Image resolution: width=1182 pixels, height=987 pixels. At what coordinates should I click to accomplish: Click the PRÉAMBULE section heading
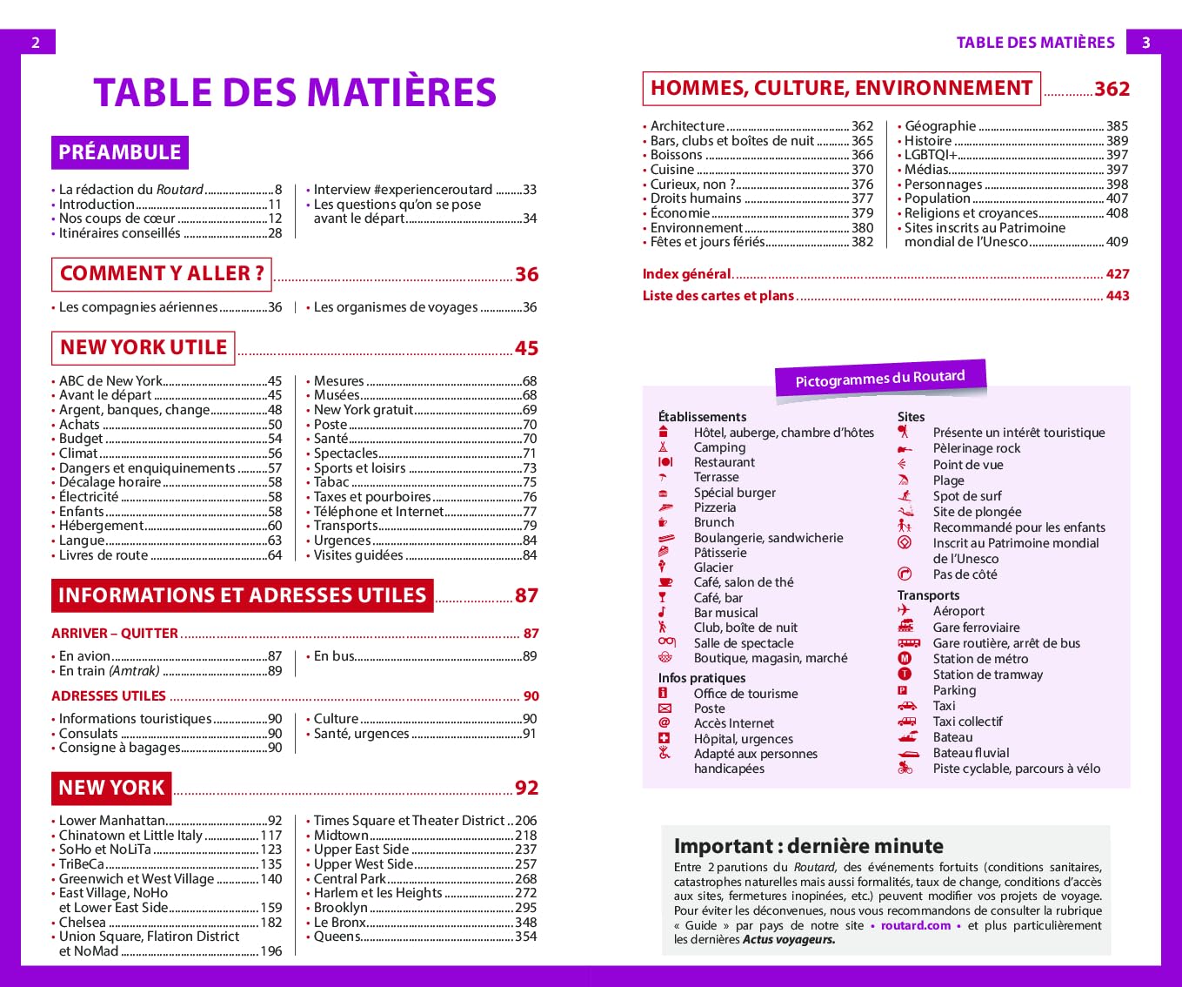coord(119,152)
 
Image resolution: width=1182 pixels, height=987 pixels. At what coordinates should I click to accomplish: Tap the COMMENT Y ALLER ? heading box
coord(162,273)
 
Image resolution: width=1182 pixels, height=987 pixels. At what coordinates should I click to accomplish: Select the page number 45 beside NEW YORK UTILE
coord(526,348)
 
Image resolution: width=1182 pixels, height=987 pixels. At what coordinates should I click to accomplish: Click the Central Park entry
coord(350,879)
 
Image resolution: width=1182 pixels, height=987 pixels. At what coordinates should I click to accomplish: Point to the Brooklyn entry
coord(340,908)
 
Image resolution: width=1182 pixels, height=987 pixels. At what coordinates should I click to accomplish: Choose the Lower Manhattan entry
coord(111,821)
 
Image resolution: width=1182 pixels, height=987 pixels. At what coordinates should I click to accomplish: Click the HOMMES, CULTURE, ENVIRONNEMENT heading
coord(840,89)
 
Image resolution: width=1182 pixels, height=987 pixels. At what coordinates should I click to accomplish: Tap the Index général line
coord(686,274)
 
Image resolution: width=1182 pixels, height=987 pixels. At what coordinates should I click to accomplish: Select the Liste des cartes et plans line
coord(718,296)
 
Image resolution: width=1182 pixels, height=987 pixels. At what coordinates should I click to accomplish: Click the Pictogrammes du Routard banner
coord(879,379)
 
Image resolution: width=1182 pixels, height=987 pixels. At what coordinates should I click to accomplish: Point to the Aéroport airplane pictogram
coord(905,611)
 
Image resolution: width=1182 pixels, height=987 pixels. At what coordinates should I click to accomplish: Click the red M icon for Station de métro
coord(905,659)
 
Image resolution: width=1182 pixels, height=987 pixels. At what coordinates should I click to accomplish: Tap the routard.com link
coord(915,925)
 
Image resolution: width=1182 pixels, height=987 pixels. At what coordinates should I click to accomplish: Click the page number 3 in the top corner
coord(1145,43)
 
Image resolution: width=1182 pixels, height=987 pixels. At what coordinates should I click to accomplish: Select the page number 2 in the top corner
coord(36,43)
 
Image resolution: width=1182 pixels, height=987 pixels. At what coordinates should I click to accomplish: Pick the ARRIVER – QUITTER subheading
coord(115,634)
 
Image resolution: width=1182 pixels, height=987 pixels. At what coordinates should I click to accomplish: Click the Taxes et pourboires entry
coord(372,497)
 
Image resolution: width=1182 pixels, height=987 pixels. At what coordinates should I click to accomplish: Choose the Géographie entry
coord(940,126)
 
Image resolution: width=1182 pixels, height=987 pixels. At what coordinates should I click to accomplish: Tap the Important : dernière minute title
coord(808,846)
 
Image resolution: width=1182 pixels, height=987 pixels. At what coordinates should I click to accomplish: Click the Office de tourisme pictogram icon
coord(664,694)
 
